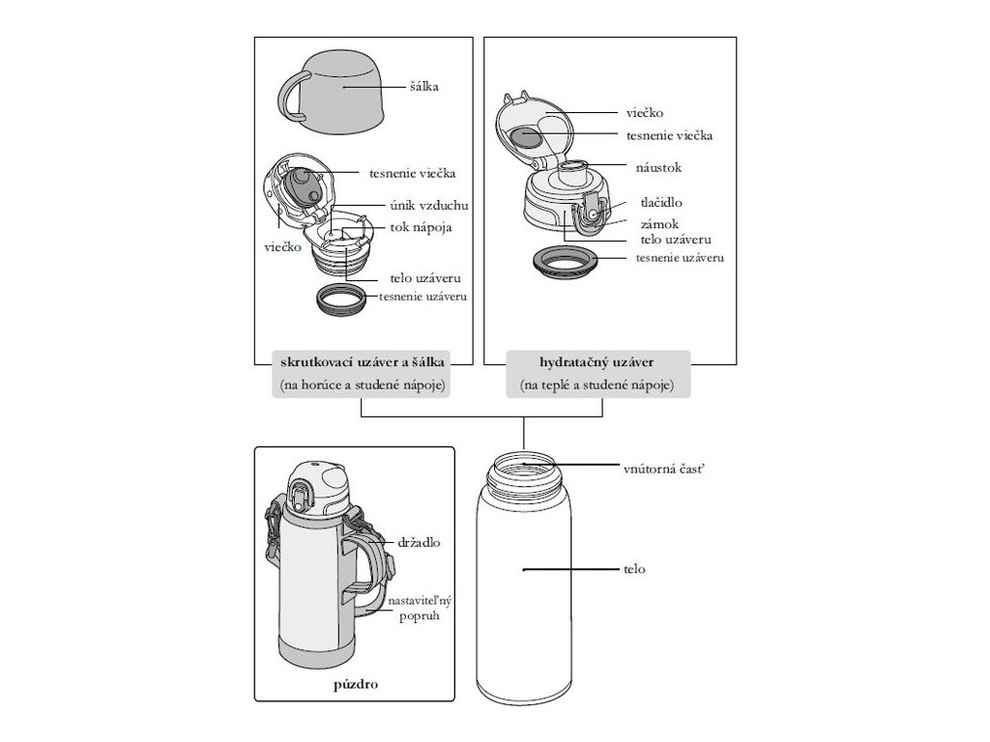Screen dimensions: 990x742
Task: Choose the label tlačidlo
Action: [x=661, y=203]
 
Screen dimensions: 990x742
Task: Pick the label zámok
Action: [x=657, y=222]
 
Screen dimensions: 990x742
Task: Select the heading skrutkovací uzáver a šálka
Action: [x=363, y=362]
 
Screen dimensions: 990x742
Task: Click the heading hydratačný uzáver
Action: [x=598, y=362]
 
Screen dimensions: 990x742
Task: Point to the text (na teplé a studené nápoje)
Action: [x=598, y=385]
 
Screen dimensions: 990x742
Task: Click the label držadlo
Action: [x=419, y=542]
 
